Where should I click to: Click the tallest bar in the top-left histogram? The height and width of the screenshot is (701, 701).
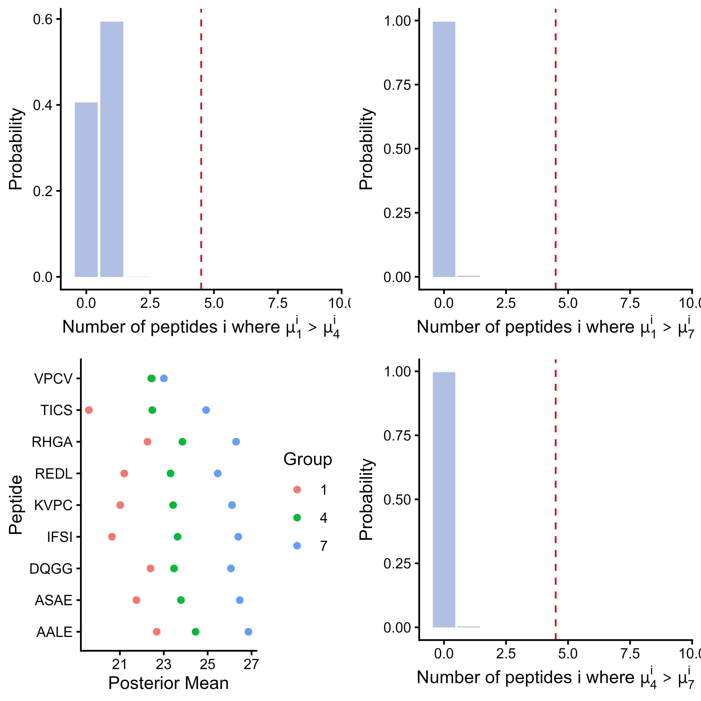[112, 149]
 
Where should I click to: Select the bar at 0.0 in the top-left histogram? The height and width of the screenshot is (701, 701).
[86, 190]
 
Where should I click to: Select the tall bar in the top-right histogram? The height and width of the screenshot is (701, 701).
[444, 149]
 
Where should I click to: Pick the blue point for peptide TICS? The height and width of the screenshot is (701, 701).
[206, 410]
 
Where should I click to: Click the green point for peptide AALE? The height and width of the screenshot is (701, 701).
[195, 632]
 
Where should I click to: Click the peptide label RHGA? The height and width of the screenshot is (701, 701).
[52, 442]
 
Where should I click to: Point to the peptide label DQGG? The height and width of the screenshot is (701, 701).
[51, 569]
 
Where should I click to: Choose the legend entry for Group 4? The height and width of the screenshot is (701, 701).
[310, 518]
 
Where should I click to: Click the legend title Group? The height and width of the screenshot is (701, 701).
[308, 459]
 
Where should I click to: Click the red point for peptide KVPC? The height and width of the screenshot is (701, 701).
[120, 505]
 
